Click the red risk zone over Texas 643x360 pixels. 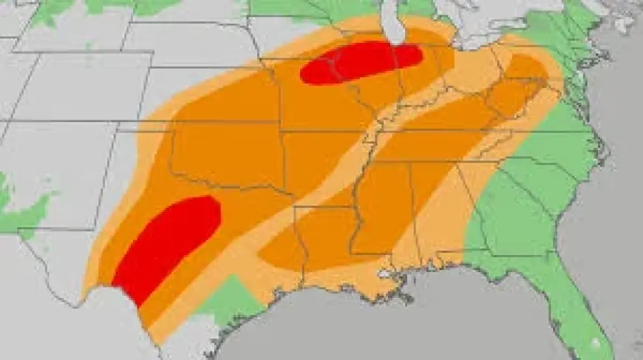click(x=166, y=244)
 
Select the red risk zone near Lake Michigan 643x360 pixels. click(x=361, y=61)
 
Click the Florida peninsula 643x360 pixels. click(x=573, y=303)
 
